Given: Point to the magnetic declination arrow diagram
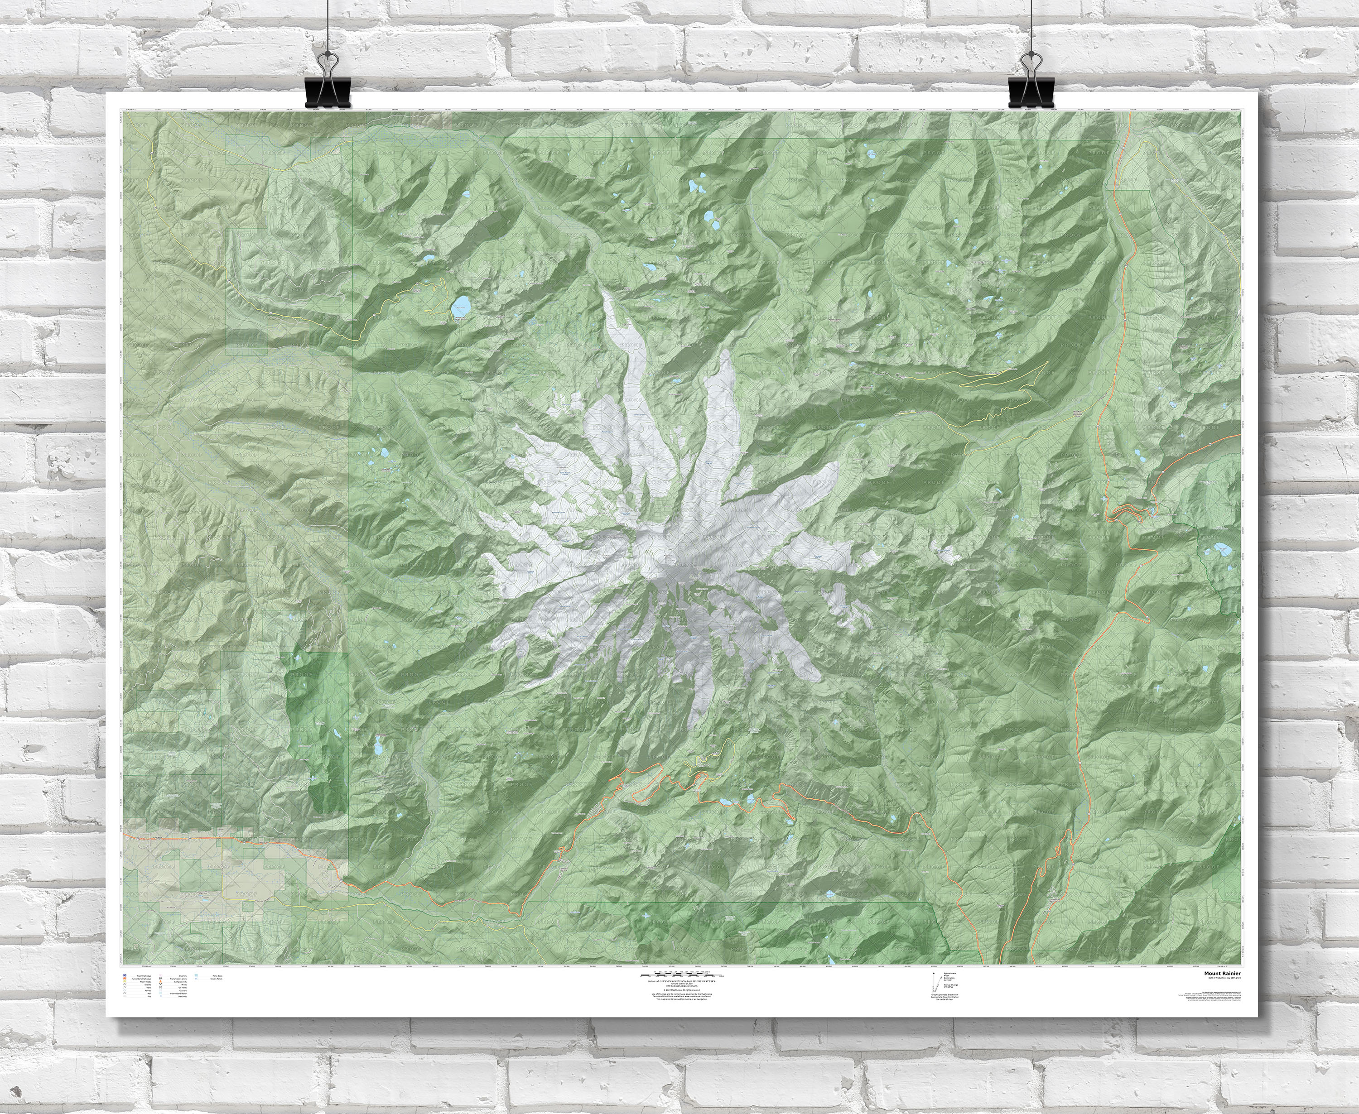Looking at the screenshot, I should point(934,982).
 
